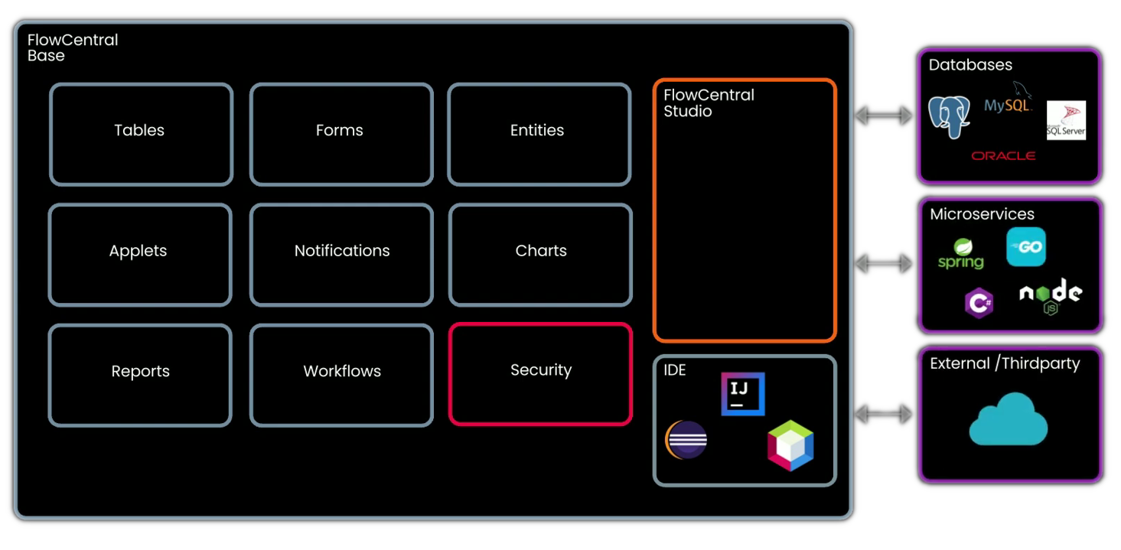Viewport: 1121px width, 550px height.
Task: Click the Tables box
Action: (141, 134)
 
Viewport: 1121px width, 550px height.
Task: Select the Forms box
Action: (341, 134)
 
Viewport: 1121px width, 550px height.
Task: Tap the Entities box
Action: (539, 134)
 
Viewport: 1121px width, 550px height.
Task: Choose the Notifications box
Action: (341, 254)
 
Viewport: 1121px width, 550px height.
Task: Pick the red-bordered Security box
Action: (540, 373)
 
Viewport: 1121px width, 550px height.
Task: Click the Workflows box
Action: (341, 374)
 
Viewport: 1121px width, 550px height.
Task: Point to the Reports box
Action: (140, 374)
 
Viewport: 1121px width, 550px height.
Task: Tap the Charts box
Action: (540, 254)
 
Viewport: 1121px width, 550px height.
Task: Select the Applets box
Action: (139, 254)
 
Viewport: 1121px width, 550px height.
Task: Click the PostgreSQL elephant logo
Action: (950, 117)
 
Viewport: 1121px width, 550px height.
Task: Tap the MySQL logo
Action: (1008, 103)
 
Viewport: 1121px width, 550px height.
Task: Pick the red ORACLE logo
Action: (1003, 156)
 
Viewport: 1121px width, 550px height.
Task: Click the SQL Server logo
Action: (1066, 120)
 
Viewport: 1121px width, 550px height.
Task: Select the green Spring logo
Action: (961, 255)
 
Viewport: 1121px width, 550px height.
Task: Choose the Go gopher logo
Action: (1026, 247)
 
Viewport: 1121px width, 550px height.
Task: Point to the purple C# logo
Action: (979, 304)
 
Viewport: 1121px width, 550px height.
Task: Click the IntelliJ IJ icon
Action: (742, 394)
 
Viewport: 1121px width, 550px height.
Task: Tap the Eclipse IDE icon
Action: (686, 440)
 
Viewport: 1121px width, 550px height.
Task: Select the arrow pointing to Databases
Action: (884, 116)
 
